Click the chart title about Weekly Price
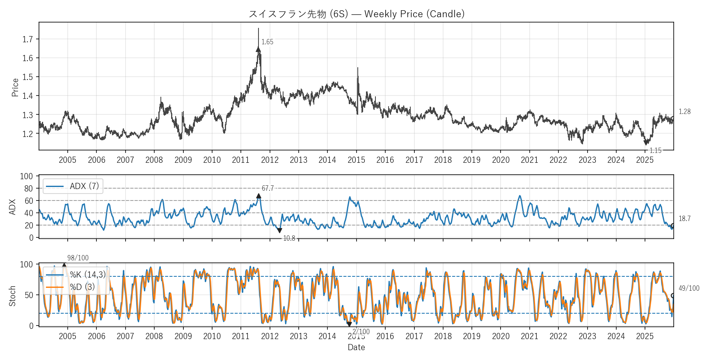point(356,14)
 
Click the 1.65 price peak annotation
point(267,42)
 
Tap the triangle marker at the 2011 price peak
point(258,50)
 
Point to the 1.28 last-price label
point(684,112)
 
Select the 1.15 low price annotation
point(655,150)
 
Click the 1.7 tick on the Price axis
point(27,39)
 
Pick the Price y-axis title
point(15,87)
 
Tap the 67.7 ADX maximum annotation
point(268,188)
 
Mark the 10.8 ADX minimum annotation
point(289,238)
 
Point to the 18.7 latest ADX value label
point(684,219)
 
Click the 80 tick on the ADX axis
point(29,189)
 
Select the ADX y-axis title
point(12,207)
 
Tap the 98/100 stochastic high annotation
point(78,258)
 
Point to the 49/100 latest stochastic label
point(688,288)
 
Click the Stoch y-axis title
point(12,296)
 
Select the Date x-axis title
point(356,347)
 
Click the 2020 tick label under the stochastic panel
point(501,336)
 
